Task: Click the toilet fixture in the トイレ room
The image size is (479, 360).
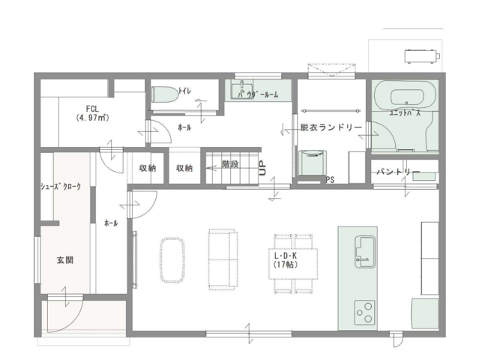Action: coord(165,94)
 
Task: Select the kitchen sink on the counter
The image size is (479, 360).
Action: coord(365,252)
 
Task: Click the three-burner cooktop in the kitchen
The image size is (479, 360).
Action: coord(365,312)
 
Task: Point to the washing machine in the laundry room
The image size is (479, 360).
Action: coord(312,163)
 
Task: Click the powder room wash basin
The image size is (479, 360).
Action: coord(242,89)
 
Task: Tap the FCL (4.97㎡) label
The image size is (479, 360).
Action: coord(92,113)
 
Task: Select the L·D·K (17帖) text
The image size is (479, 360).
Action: coord(286,260)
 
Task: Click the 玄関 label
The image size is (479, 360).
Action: coord(65,260)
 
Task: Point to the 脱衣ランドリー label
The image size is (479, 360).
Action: coord(331,127)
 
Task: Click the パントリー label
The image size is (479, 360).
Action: coord(398,172)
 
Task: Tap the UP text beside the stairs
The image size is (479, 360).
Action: coord(262,168)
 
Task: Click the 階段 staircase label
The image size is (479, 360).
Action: coord(230,164)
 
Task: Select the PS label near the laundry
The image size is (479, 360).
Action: coord(331,180)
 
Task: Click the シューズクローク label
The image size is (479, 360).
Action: coord(61,186)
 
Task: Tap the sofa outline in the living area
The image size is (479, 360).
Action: coord(223,259)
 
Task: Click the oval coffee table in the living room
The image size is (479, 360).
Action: coord(172,259)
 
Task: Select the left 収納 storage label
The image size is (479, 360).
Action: coord(148,168)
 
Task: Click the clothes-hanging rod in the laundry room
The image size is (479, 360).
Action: coord(331,111)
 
